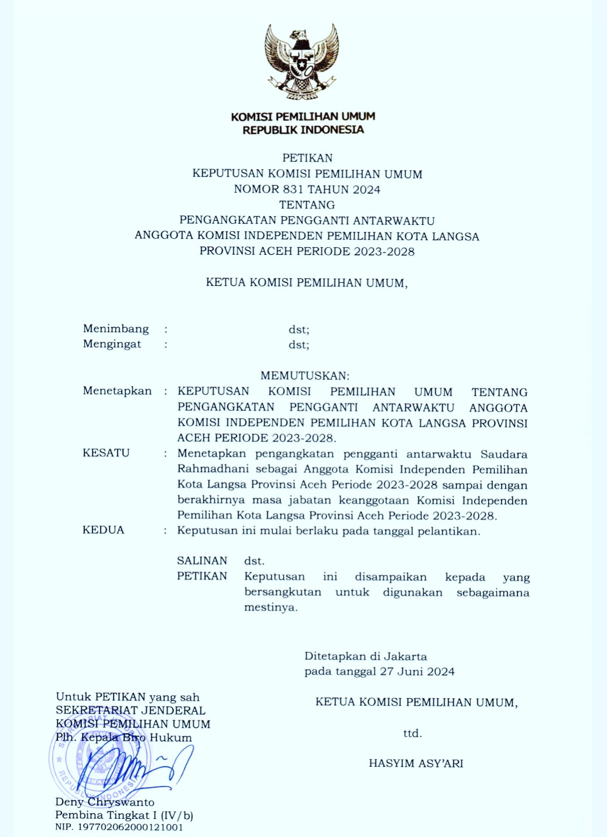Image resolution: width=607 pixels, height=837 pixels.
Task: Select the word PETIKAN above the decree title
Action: (307, 158)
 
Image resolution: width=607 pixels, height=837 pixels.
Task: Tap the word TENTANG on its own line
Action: (307, 205)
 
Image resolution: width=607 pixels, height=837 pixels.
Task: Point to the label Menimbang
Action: (116, 329)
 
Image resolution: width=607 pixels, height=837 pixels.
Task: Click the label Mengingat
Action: (112, 344)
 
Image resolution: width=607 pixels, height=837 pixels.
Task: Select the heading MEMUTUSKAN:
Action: (305, 375)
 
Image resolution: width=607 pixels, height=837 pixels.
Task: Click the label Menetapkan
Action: (117, 391)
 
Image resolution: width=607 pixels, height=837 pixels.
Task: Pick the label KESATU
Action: (106, 453)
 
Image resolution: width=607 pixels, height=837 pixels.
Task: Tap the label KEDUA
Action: (104, 530)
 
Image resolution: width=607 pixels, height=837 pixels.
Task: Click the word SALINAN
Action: (202, 561)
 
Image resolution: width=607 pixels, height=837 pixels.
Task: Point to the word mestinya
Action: (270, 608)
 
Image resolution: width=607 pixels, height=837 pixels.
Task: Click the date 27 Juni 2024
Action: (417, 672)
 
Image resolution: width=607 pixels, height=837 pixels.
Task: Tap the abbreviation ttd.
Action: (412, 733)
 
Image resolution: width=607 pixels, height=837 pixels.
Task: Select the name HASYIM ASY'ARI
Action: (416, 763)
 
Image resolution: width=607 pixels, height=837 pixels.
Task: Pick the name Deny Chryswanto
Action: (105, 802)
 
